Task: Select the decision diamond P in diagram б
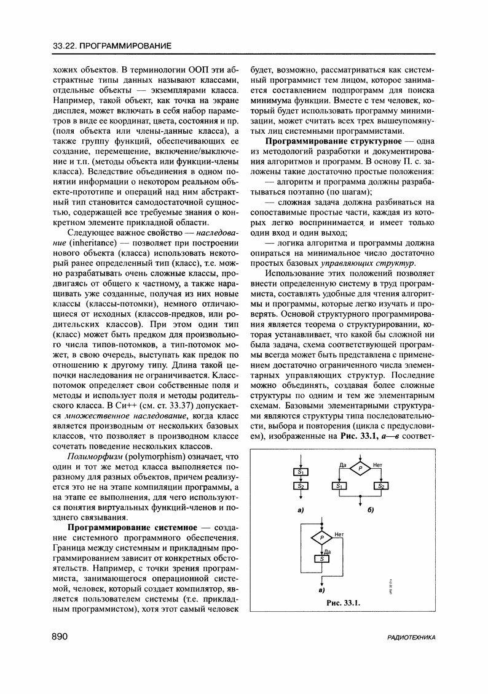(x=360, y=469)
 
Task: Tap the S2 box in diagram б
(x=381, y=486)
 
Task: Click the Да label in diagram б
(x=342, y=465)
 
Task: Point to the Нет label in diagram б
(x=378, y=465)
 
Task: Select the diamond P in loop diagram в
(x=321, y=539)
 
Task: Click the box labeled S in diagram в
(x=321, y=558)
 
